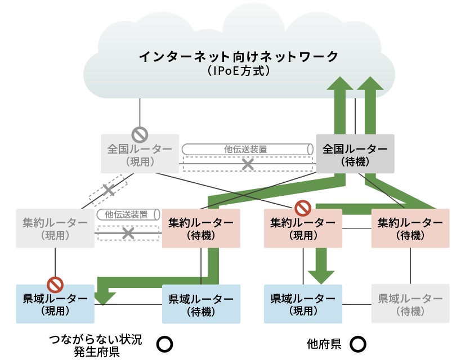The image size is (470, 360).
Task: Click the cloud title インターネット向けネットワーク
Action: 239,56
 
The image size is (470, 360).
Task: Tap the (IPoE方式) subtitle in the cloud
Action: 239,71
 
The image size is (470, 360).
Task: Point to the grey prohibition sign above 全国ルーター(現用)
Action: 140,134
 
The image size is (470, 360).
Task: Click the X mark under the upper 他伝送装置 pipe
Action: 248,164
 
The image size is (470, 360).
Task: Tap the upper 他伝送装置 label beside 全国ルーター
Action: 245,149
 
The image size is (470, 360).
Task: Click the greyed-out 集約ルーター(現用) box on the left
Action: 55,228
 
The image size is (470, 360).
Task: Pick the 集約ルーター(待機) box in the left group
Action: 201,228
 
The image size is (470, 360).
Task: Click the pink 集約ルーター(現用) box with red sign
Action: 303,228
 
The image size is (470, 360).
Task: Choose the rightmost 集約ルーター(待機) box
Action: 410,228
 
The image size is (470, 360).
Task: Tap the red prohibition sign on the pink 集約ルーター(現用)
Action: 303,208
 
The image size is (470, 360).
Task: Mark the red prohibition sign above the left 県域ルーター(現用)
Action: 55,283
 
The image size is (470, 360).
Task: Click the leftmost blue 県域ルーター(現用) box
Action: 55,304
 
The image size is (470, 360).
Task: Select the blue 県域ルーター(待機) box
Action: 201,304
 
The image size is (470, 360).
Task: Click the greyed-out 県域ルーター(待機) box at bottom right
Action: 410,304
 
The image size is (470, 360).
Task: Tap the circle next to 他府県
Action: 359,343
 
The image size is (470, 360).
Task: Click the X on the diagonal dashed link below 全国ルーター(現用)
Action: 109,191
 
